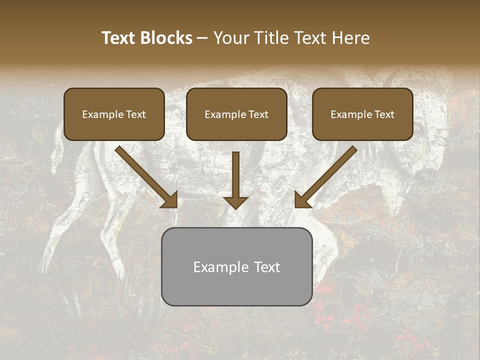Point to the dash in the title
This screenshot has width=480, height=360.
tap(202, 38)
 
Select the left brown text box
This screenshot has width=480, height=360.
tap(114, 114)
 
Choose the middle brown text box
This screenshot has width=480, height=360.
tap(236, 114)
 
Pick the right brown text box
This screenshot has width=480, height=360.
tap(362, 114)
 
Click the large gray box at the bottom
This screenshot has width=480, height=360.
tap(236, 266)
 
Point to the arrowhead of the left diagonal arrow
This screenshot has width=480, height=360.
tap(170, 199)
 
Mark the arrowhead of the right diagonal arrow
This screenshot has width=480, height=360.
tap(302, 199)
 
